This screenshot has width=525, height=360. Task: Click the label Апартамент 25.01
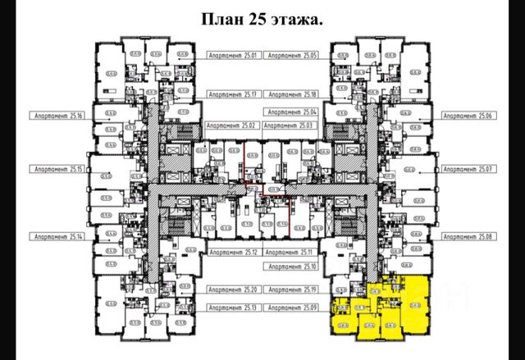[233, 56]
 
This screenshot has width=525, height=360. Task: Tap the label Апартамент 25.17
[233, 94]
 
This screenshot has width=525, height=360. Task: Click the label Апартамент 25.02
[233, 126]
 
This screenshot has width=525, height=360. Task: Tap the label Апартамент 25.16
[57, 116]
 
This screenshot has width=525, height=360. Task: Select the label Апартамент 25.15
[57, 169]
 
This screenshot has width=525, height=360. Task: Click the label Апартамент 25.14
[57, 236]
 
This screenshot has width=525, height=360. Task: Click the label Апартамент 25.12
[233, 253]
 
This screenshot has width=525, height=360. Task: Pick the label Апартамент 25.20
[233, 290]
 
